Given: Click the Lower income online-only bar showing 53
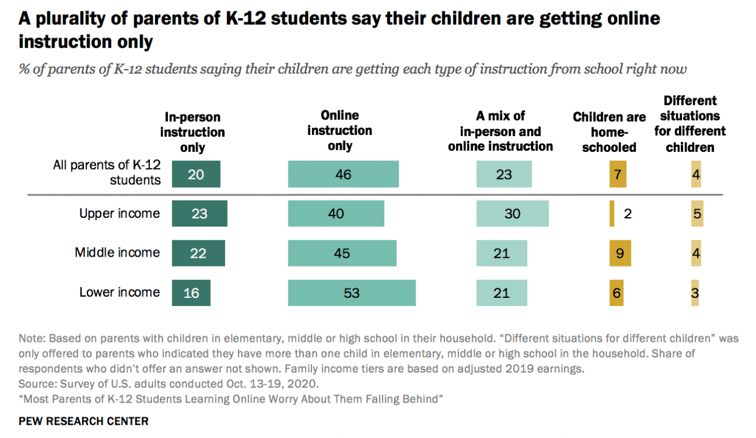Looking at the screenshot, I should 351,293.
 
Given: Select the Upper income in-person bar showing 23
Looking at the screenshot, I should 199,214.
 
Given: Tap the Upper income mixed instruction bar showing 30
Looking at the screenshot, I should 512,214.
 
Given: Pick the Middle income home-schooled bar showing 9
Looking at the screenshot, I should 619,253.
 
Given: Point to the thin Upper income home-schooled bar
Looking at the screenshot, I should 612,214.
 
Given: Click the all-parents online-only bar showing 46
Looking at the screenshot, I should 343,174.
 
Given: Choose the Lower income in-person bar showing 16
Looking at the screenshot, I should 191,293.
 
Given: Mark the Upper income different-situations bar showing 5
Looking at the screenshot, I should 696,214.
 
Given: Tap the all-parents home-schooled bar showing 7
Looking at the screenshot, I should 617,174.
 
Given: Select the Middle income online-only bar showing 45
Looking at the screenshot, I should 342,253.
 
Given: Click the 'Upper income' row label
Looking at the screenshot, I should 119,214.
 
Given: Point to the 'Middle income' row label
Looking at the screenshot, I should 117,253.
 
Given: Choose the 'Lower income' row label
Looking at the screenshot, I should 119,292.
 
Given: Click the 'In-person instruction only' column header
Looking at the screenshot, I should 192,132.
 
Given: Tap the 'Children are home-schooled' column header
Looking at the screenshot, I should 609,132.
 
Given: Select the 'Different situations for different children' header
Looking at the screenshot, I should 690,123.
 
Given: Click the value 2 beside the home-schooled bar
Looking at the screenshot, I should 627,214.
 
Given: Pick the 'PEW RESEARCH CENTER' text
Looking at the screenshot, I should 83,421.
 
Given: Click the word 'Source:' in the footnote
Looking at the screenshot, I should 36,384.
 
